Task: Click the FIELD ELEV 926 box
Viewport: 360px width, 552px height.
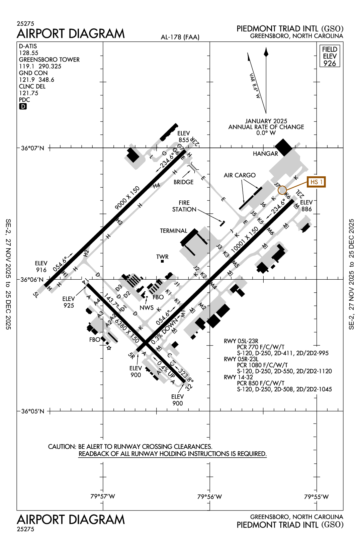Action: (x=330, y=56)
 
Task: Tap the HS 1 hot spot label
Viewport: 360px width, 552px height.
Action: (x=316, y=182)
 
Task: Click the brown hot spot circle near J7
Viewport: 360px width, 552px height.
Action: (x=282, y=190)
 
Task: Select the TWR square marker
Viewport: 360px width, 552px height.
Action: (x=162, y=261)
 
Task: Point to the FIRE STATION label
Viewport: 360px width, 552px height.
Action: (x=184, y=206)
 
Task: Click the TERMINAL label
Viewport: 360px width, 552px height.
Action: (x=173, y=231)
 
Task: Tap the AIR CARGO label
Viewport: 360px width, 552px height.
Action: (x=240, y=175)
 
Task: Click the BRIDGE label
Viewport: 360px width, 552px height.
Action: (x=183, y=182)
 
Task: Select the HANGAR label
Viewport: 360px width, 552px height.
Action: (x=265, y=154)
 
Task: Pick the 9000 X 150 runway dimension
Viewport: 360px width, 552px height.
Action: (x=127, y=198)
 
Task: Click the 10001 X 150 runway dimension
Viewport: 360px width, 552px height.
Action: (x=245, y=239)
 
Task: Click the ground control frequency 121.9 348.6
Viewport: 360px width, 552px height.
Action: (x=36, y=80)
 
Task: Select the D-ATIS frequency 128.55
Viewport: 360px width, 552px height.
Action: (x=29, y=53)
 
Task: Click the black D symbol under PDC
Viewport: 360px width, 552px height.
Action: (x=23, y=106)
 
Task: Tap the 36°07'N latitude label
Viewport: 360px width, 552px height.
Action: (x=32, y=148)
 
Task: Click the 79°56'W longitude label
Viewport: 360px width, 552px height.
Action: (x=209, y=496)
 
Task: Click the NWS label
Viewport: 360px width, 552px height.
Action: (x=147, y=308)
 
